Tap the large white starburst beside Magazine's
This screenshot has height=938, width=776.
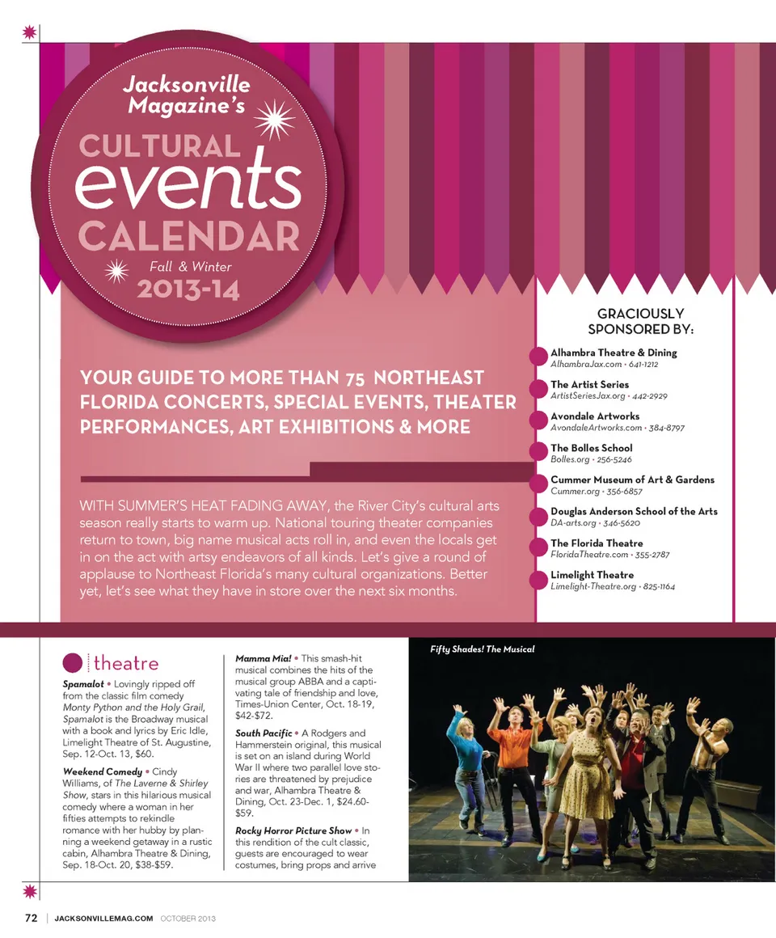tap(274, 119)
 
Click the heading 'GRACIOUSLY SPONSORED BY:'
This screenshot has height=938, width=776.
tap(640, 321)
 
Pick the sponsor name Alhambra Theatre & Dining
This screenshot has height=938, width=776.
tap(614, 353)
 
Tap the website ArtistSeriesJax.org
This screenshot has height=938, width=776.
tap(588, 396)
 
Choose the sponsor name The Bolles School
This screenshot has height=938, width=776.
tap(591, 448)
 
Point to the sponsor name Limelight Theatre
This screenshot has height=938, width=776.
tap(592, 575)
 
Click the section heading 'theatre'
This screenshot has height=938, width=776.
tap(125, 664)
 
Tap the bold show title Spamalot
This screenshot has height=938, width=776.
tap(82, 684)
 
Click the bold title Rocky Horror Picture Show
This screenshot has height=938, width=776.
tap(293, 830)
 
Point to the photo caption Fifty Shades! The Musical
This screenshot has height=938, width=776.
tap(483, 649)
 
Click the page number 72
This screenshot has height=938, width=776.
tap(31, 918)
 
